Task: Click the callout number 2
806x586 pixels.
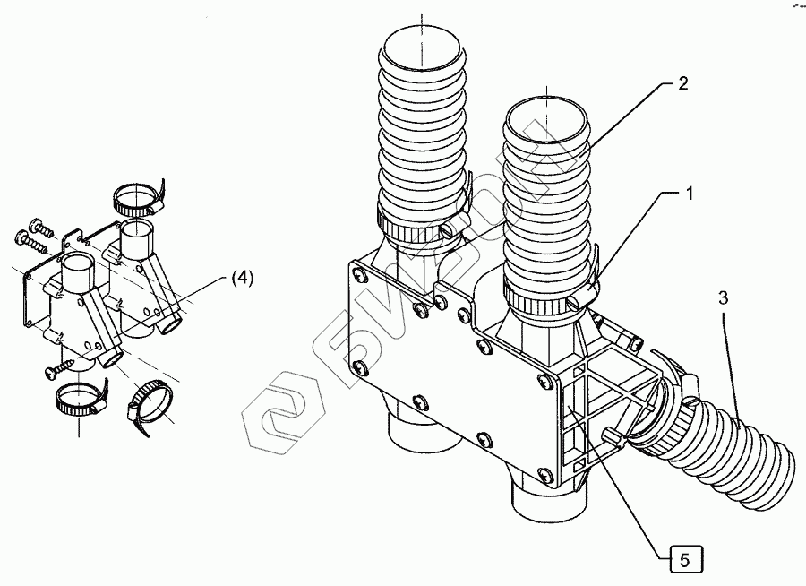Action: tap(682, 84)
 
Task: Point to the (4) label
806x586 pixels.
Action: tap(242, 278)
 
